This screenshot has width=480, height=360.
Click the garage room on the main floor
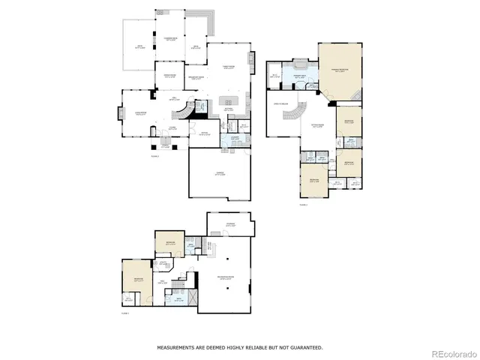tap(220, 174)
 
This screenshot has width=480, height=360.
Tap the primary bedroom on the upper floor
tap(339, 70)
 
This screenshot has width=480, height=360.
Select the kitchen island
tap(229, 100)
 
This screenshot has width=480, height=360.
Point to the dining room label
tap(165, 76)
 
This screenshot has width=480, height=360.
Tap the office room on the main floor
tap(203, 136)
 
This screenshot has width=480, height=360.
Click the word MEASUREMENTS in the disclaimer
tap(177, 347)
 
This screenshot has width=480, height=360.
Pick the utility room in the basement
tap(163, 263)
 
